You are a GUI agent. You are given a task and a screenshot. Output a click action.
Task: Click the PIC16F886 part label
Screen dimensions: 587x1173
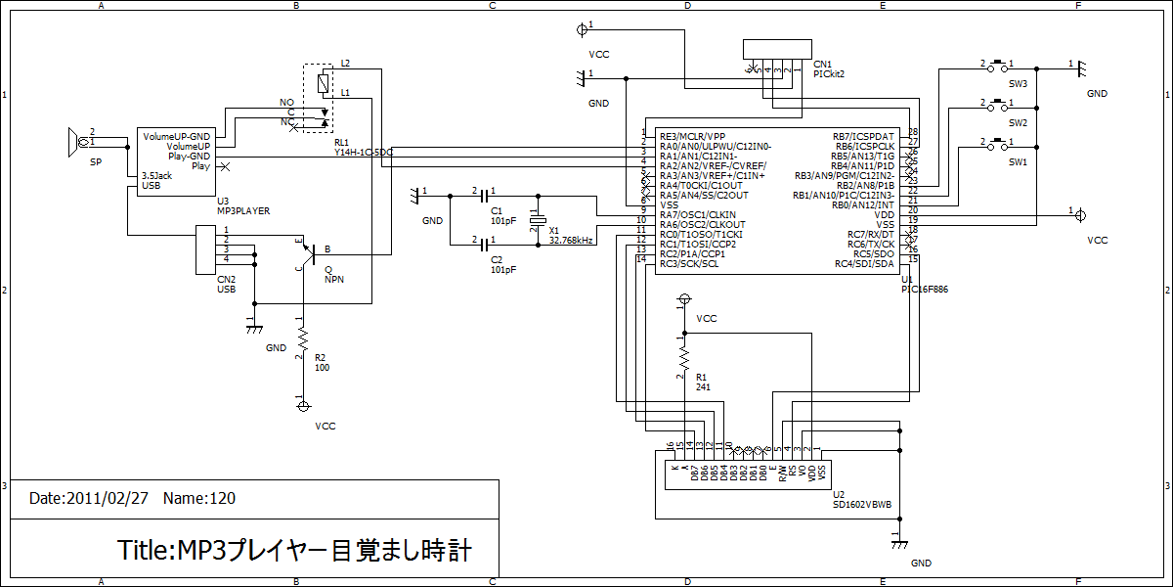925,290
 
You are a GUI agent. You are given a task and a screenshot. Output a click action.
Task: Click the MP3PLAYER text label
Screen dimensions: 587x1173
242,210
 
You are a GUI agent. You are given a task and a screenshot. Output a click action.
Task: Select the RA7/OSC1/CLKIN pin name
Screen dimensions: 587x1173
698,214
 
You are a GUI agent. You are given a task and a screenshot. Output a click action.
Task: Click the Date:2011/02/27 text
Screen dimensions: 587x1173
89,498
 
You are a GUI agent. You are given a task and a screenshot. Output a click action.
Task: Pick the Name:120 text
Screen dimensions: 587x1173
199,498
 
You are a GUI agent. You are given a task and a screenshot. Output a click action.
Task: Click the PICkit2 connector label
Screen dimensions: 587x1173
829,73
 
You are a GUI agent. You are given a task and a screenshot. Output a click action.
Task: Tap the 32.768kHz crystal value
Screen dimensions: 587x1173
572,240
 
